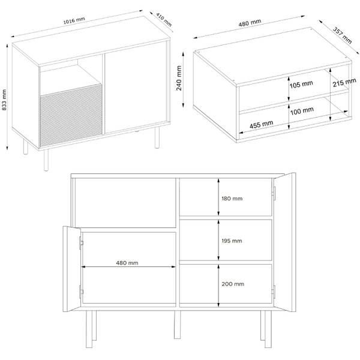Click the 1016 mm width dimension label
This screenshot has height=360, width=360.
[x=74, y=20]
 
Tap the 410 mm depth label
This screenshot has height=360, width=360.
[x=164, y=20]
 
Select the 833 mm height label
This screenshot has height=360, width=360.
[x=4, y=100]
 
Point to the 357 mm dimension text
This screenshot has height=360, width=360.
[x=343, y=35]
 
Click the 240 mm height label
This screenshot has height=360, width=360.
[x=179, y=78]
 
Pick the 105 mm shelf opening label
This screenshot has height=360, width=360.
[x=301, y=84]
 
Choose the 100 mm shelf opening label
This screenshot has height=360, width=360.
[x=302, y=111]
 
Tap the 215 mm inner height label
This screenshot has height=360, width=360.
[x=344, y=82]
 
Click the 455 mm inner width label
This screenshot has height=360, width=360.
[x=261, y=125]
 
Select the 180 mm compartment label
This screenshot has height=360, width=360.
[x=232, y=199]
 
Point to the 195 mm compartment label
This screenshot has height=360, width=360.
[x=232, y=241]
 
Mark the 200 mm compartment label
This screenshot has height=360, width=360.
[x=233, y=284]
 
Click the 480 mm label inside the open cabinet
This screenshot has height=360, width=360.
[x=127, y=263]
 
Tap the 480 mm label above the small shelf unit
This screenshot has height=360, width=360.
[x=250, y=23]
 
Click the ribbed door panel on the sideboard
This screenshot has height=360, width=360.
[x=71, y=115]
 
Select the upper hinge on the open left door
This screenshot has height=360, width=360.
[x=81, y=242]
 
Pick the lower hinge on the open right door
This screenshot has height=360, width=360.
[x=273, y=292]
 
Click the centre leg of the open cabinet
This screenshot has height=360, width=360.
[x=177, y=325]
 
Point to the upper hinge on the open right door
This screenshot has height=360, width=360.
[x=274, y=194]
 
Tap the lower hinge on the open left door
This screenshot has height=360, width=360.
[x=81, y=292]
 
